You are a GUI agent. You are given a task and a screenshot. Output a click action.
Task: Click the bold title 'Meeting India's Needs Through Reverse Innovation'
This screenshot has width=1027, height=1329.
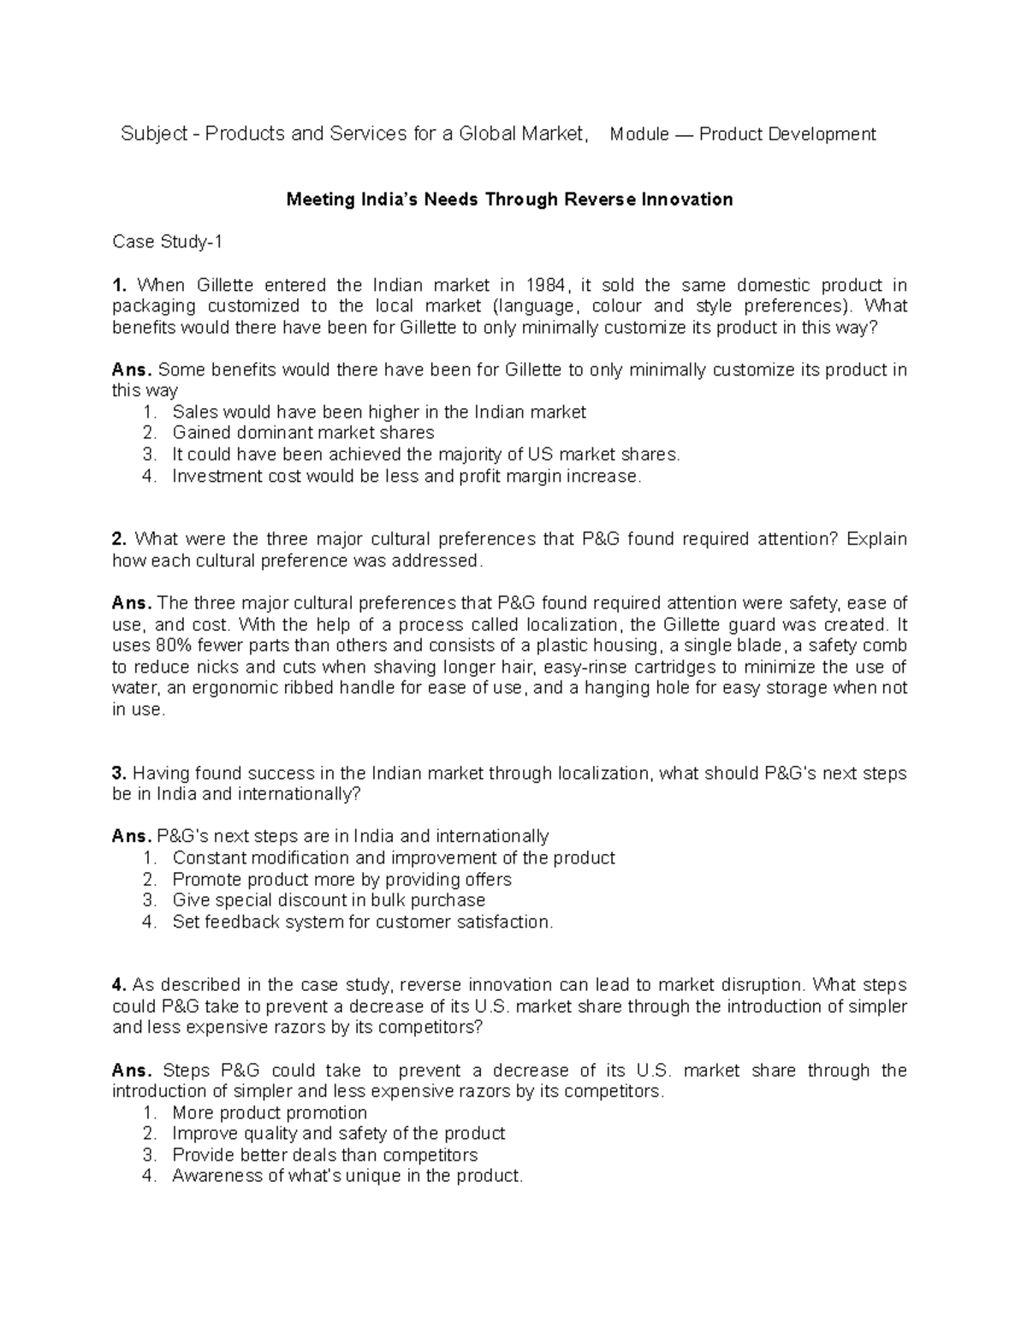point(509,199)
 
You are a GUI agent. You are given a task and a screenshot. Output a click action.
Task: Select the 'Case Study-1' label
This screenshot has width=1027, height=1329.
point(168,242)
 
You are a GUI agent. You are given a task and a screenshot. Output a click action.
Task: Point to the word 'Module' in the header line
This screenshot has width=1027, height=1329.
point(639,134)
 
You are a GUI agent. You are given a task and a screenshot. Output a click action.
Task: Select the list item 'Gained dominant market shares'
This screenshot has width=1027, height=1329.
point(303,433)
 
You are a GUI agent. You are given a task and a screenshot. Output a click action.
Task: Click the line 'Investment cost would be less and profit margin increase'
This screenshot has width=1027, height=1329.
point(406,476)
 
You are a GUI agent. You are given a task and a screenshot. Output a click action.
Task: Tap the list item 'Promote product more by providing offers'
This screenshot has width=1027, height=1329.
point(341,880)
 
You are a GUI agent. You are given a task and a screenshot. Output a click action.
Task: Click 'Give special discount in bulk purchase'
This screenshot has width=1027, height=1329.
point(329,900)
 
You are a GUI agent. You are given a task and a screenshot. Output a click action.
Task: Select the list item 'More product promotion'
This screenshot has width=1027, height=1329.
point(270,1112)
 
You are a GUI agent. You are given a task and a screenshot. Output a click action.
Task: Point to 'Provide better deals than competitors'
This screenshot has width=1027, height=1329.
point(324,1155)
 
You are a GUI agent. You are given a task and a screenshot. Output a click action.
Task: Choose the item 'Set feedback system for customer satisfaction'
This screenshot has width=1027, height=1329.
point(363,922)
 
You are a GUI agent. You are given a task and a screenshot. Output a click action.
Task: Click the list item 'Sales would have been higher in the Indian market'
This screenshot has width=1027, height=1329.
point(378,412)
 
